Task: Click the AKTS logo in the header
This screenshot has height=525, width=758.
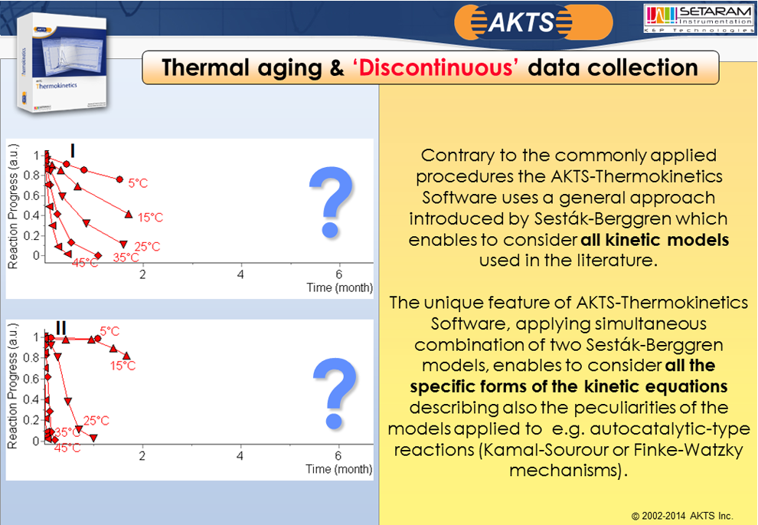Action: [x=533, y=22]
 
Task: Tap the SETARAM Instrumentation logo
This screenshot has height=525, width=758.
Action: [x=698, y=19]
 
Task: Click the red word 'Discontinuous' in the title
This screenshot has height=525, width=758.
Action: [x=436, y=67]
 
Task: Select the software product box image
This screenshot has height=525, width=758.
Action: [x=61, y=62]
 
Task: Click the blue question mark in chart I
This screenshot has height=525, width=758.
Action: [x=331, y=202]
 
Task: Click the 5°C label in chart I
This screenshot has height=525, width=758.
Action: [x=138, y=183]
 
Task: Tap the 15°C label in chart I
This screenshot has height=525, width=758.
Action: [x=150, y=218]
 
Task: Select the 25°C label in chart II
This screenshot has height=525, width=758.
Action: [x=96, y=421]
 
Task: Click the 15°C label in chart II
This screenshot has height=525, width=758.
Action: [x=123, y=366]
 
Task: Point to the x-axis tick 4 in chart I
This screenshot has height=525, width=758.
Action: [x=240, y=274]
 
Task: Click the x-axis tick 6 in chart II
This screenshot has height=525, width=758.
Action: [x=338, y=456]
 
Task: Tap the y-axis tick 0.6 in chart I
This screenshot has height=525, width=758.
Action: [x=32, y=195]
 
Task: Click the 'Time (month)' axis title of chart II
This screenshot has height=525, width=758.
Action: [x=339, y=469]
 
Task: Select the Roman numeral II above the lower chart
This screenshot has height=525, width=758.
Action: [x=61, y=328]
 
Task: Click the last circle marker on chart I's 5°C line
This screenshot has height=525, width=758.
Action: [x=119, y=179]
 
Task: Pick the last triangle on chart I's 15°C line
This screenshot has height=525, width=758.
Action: [x=129, y=214]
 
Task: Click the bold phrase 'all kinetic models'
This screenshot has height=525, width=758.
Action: [x=655, y=240]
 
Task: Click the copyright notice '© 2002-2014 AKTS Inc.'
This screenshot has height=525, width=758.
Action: [x=682, y=516]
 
